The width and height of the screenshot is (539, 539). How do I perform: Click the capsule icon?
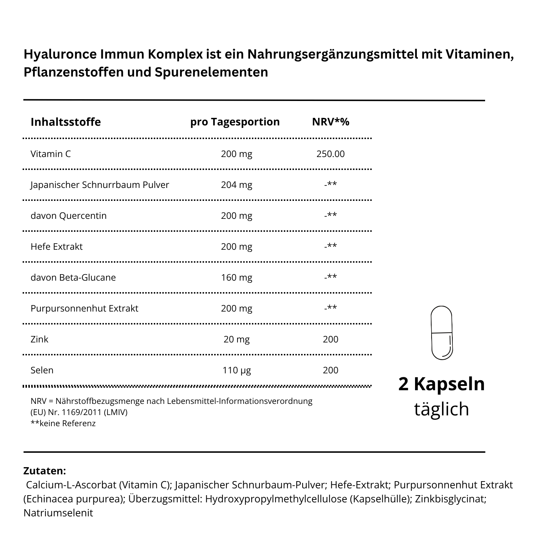(x=441, y=333)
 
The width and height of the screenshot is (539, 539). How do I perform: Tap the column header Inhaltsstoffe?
(x=66, y=122)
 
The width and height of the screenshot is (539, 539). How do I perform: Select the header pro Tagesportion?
(x=235, y=122)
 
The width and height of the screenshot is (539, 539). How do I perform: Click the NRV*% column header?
(x=331, y=122)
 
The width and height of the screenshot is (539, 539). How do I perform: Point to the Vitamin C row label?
(x=51, y=154)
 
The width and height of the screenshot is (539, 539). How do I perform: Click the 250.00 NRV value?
(x=331, y=154)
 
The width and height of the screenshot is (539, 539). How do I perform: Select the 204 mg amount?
(x=236, y=185)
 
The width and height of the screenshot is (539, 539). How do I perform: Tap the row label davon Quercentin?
(x=69, y=216)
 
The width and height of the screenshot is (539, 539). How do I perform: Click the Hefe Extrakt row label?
(x=56, y=247)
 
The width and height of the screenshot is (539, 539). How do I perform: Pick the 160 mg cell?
(x=236, y=278)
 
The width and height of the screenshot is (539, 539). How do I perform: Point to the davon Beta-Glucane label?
(x=73, y=278)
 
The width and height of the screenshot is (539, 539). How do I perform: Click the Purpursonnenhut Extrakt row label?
(x=84, y=309)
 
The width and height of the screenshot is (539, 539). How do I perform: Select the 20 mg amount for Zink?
(x=236, y=340)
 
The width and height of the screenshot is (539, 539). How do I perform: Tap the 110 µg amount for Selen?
(x=236, y=370)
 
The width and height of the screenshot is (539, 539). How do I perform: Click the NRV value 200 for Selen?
(x=331, y=370)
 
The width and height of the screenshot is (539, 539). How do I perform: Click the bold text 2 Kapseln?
(x=442, y=384)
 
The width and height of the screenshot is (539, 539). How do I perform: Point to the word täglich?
(x=442, y=409)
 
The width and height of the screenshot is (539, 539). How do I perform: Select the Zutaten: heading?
(x=45, y=471)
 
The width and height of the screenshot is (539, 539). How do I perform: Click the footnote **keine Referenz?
(x=63, y=424)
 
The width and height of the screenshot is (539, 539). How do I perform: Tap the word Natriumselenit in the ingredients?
(x=58, y=513)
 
